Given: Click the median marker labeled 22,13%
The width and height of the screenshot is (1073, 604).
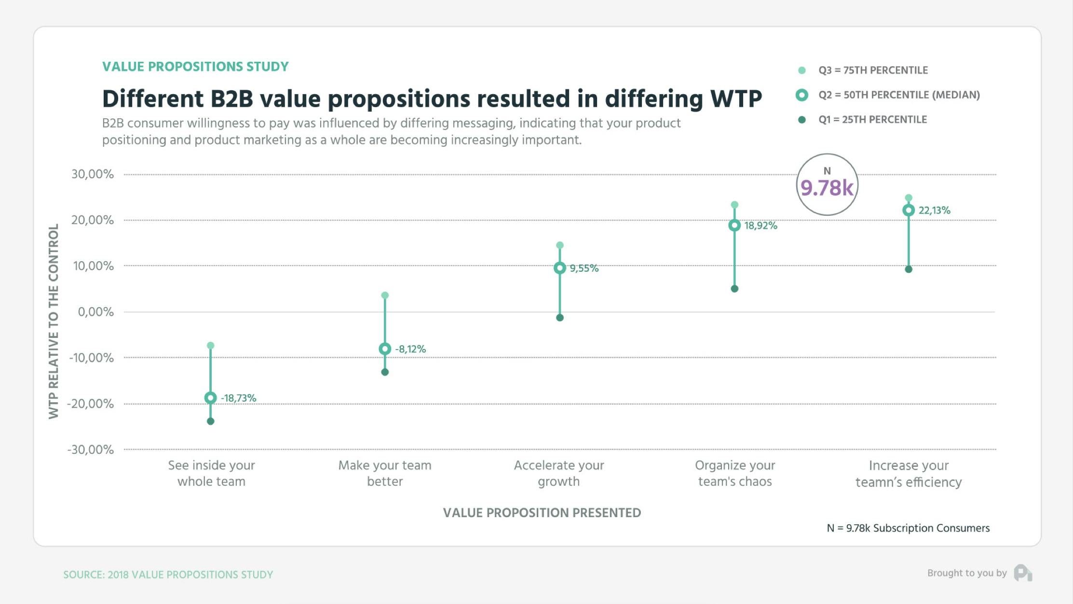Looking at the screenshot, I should [909, 210].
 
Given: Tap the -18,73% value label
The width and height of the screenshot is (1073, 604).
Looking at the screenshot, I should [238, 398].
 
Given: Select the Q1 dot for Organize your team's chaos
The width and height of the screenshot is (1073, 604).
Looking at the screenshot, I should [734, 289].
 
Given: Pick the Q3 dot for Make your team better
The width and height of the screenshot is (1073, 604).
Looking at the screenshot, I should [385, 295].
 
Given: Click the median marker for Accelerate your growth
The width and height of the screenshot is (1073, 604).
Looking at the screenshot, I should [559, 268].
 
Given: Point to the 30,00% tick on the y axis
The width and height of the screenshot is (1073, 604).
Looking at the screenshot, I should [93, 174].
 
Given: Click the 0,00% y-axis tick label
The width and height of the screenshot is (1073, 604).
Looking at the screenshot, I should [95, 312].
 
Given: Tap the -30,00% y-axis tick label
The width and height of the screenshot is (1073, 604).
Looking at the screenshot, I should [90, 449].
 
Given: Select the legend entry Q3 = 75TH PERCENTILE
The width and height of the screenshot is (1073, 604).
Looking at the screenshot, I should [872, 70].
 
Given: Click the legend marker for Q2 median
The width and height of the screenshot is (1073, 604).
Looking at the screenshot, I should [801, 95].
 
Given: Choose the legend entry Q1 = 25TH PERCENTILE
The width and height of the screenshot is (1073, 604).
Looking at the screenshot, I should [872, 120].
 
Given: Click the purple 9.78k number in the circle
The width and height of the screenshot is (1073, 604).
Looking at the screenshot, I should [827, 188].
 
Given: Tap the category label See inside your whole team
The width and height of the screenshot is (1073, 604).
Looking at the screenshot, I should [211, 473].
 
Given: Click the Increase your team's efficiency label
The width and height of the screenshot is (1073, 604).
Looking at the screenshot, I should [909, 474].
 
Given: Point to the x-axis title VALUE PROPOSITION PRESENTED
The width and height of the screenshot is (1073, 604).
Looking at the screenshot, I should [542, 513].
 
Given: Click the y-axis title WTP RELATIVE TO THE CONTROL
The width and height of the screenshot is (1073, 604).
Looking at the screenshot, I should [54, 321].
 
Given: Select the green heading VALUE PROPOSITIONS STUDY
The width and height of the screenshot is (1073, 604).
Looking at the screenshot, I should [195, 67].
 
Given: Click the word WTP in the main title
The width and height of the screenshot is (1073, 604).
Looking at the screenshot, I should [736, 99].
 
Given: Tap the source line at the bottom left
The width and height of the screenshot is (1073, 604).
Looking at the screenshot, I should [168, 575].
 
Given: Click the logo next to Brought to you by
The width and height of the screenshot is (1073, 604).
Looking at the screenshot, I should [1022, 573].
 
